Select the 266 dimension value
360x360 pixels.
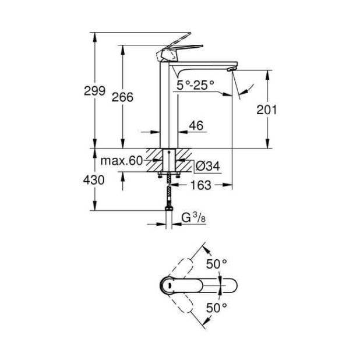pos(122,97)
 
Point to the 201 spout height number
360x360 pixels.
pos(267,110)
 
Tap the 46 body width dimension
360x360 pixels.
pos(196,125)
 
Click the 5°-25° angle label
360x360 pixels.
pos(196,84)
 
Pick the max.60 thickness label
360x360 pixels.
pos(121,161)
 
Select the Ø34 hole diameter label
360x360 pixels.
pos(207,166)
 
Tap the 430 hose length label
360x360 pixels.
pos(93,181)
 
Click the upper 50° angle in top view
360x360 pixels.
pos(216,264)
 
